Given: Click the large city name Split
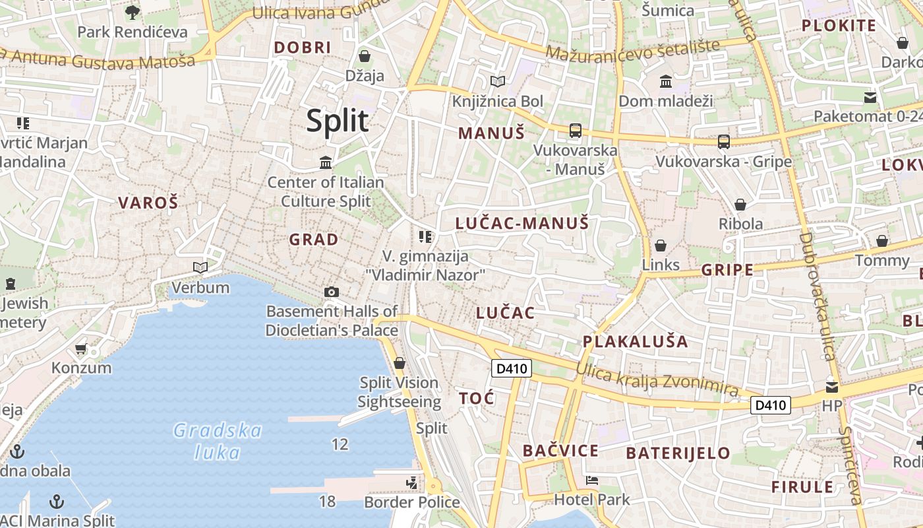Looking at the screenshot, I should pyautogui.click(x=338, y=121).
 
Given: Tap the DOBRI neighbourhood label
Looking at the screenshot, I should pyautogui.click(x=303, y=48).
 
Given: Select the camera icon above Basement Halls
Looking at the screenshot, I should pyautogui.click(x=332, y=292).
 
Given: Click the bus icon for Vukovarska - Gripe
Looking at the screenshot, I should pyautogui.click(x=723, y=141).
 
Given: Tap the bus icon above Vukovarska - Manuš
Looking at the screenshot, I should pyautogui.click(x=576, y=130).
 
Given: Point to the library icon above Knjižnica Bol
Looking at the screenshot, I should pyautogui.click(x=498, y=82).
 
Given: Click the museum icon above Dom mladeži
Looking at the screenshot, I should pyautogui.click(x=666, y=82).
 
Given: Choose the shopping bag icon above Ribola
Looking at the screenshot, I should pyautogui.click(x=740, y=204).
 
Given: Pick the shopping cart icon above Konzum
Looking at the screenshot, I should pyautogui.click(x=81, y=348).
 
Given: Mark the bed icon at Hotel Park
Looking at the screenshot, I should pyautogui.click(x=592, y=480).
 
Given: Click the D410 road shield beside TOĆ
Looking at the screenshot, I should pyautogui.click(x=512, y=368).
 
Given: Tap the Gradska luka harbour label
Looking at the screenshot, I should pyautogui.click(x=218, y=442).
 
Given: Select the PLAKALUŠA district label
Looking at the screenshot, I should pyautogui.click(x=635, y=341).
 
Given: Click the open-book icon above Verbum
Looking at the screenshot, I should pyautogui.click(x=200, y=267).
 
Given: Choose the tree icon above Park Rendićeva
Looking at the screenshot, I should pyautogui.click(x=133, y=11).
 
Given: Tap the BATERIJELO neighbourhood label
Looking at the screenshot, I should pyautogui.click(x=678, y=453).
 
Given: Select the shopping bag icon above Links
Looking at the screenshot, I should pyautogui.click(x=661, y=246).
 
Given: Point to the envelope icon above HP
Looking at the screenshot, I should pyautogui.click(x=832, y=387).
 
